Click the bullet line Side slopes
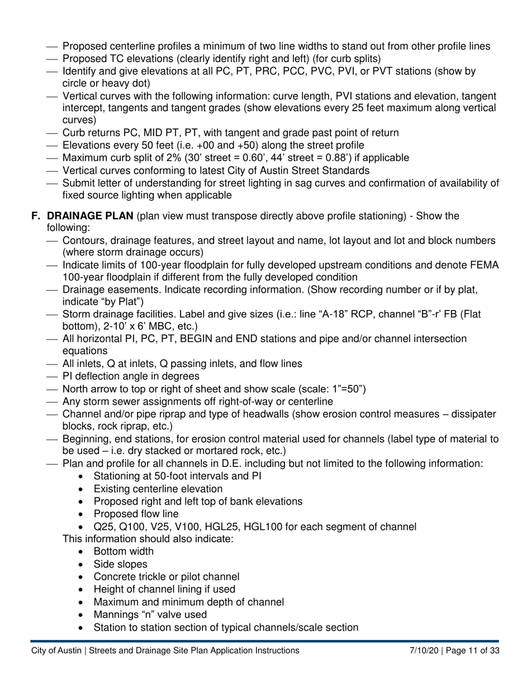point(120,564)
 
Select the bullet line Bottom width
point(123,552)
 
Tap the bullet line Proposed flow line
point(136,514)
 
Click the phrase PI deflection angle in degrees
point(131,376)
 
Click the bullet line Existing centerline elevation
point(158,489)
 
